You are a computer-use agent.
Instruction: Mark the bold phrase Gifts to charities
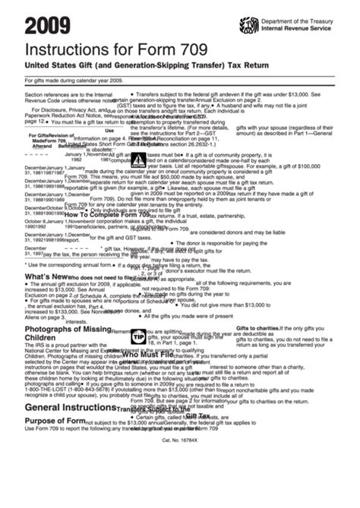pyautogui.click(x=257, y=328)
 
